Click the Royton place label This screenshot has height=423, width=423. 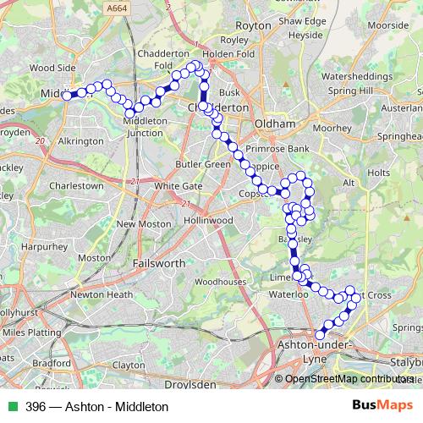point(253,25)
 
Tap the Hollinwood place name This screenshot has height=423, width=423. point(210,220)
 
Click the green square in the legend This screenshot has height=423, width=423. point(14,406)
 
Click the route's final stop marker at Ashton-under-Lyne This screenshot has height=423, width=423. point(320,334)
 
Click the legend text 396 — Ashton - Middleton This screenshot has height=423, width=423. point(97,406)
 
